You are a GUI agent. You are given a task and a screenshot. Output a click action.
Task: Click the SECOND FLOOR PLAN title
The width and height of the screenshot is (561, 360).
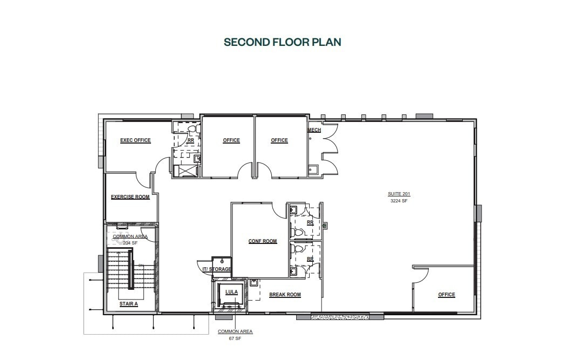point(282,42)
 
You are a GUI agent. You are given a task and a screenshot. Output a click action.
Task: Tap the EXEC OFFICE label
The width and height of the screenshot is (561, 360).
point(135,140)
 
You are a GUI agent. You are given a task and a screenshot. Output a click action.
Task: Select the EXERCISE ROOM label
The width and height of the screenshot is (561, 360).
point(131,197)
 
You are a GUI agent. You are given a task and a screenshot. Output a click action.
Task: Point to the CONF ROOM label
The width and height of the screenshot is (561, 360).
point(263,241)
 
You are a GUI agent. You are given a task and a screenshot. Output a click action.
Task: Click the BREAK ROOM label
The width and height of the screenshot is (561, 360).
point(285,295)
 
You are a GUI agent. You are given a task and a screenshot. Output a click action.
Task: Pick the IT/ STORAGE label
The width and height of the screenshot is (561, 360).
point(217,269)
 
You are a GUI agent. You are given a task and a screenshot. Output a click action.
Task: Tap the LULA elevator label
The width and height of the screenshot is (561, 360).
point(231,292)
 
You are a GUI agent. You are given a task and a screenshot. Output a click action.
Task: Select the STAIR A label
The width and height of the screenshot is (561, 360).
point(129,304)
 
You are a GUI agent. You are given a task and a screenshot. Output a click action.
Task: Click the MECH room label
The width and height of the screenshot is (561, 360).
point(314,131)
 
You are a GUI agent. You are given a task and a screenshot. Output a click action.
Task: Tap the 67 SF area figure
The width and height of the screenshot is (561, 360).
point(235,338)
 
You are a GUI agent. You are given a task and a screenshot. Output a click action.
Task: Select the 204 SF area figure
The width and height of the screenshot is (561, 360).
point(130,243)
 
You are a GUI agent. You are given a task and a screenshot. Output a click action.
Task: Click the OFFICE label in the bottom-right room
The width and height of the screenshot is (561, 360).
point(446,295)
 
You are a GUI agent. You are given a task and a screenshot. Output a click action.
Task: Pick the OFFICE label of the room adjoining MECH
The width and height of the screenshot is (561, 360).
point(279,140)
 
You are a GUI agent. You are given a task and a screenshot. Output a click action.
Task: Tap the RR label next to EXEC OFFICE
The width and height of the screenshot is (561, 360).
point(190,140)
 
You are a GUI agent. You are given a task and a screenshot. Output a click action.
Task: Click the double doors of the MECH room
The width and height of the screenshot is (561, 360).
point(329,146)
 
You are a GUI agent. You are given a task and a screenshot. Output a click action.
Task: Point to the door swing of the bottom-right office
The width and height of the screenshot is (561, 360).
point(421,275)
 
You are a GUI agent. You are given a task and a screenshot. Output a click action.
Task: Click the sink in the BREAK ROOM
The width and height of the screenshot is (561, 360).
point(254,282)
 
